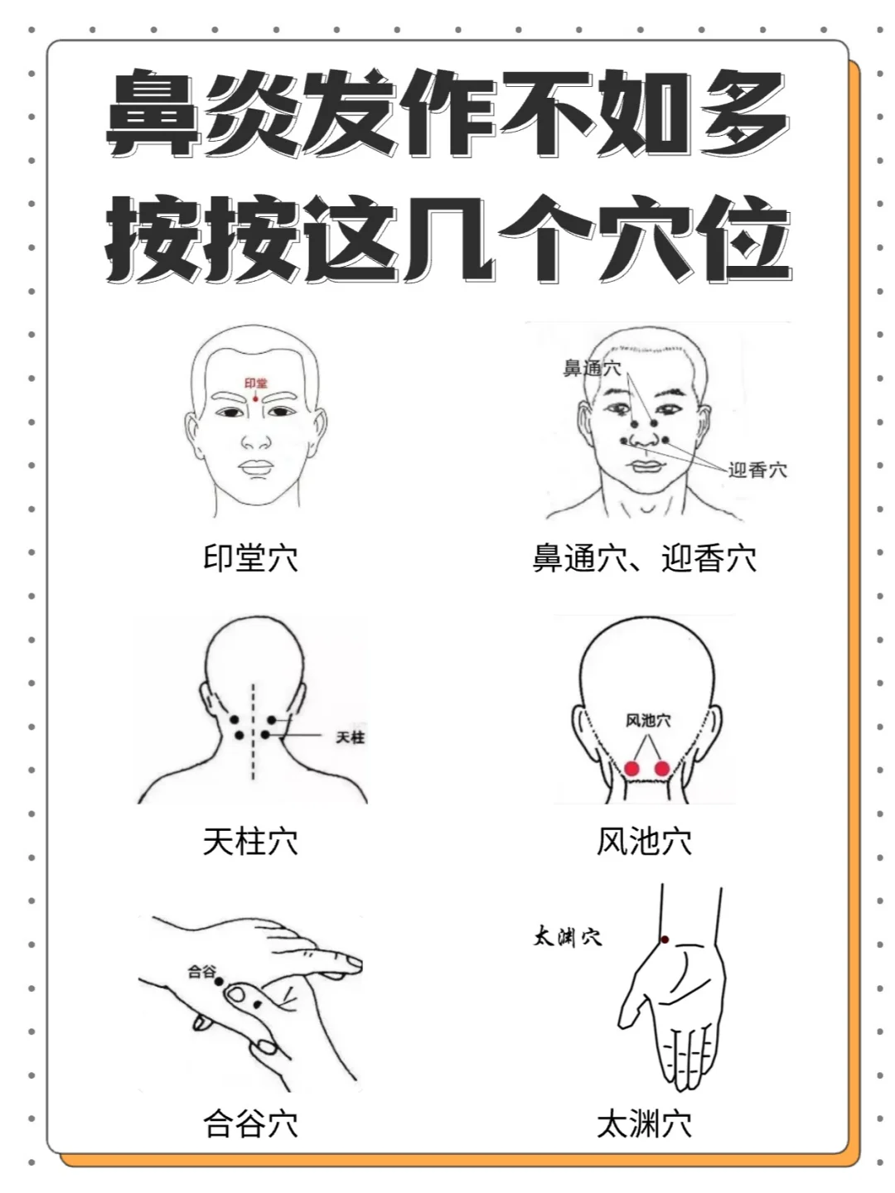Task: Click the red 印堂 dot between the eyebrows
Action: pos(255,399)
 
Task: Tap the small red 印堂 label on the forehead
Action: pos(256,384)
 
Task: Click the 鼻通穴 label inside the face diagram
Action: pos(592,369)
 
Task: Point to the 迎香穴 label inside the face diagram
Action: pos(757,470)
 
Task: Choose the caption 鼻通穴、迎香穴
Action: pos(645,558)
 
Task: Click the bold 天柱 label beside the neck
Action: pos(351,737)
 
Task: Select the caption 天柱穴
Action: pos(250,842)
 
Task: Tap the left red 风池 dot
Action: pos(631,769)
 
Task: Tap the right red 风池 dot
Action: pos(662,769)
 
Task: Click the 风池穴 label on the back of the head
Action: pos(648,721)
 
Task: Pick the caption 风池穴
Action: pos(645,842)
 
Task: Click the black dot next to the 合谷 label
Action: pos(219,982)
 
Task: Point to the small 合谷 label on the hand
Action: pos(201,971)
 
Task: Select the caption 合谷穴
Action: pos(250,1123)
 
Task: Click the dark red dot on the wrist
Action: pos(665,939)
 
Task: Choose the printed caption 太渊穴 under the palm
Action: pos(645,1123)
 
